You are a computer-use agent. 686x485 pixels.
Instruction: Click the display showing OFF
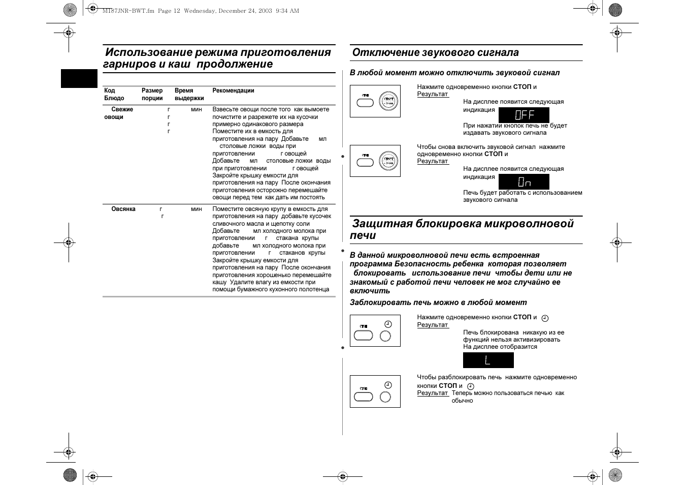[x=524, y=115]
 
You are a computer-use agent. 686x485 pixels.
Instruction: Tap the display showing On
[x=524, y=181]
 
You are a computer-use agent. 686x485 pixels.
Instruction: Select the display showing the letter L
[x=488, y=360]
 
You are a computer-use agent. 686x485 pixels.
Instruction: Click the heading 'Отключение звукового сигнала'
[x=435, y=52]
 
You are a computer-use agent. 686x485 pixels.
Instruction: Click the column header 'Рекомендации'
[x=233, y=90]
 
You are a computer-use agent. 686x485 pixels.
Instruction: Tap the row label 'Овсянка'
[x=123, y=209]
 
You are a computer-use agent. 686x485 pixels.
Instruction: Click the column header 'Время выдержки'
[x=189, y=95]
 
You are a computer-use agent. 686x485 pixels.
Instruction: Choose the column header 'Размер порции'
[x=152, y=95]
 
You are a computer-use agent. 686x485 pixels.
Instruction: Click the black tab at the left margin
[x=79, y=78]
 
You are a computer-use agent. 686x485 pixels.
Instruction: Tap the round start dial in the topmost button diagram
[x=389, y=102]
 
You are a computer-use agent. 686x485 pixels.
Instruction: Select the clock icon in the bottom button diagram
[x=388, y=385]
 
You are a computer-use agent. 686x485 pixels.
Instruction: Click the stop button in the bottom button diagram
[x=363, y=397]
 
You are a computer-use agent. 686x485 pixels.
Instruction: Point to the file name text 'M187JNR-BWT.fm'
[x=128, y=11]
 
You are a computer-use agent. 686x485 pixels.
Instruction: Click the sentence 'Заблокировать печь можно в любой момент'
[x=438, y=302]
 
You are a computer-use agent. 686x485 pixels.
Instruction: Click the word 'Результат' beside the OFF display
[x=433, y=94]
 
